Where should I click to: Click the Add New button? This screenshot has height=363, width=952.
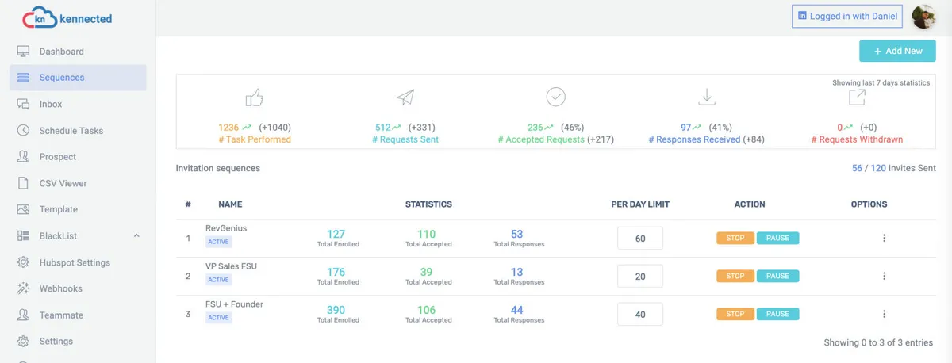tap(897, 51)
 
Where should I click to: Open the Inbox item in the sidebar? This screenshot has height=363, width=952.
tap(51, 104)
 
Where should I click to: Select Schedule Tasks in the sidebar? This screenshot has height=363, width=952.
tap(71, 131)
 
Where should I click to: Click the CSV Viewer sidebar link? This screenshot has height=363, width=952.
tap(63, 183)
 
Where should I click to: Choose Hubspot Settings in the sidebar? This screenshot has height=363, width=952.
tap(75, 262)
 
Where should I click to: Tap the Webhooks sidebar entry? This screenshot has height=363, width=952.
tap(60, 288)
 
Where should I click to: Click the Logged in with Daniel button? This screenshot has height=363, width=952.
tap(846, 17)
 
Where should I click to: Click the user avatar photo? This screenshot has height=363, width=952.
tap(923, 17)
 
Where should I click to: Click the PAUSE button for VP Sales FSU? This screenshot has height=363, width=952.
tap(777, 276)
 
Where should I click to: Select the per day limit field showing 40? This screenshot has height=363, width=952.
tap(639, 315)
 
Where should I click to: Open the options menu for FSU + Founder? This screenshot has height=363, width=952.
tap(885, 315)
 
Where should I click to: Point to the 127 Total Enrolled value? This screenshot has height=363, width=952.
tap(336, 234)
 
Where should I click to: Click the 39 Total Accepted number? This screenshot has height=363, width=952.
tap(427, 272)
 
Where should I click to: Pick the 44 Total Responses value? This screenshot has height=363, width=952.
tap(517, 310)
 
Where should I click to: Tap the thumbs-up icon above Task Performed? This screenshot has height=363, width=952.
tap(255, 98)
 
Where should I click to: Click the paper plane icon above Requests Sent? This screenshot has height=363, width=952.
tap(405, 97)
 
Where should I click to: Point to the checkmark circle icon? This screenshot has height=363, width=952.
tap(555, 97)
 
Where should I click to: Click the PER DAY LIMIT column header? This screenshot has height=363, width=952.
tap(640, 204)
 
